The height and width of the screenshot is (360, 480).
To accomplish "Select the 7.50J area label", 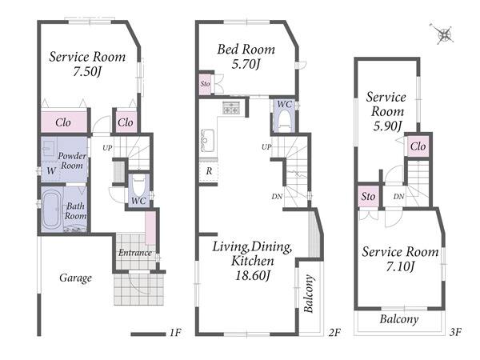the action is pos(87,72).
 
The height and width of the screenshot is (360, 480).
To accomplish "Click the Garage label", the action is pos(75,278).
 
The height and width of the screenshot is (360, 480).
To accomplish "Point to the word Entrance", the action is pos(135,253).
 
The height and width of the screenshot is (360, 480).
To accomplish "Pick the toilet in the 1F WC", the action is pos(138,186).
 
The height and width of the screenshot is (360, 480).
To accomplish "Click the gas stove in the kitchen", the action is pos(231,108).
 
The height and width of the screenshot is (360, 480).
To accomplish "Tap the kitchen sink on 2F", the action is pos(207,141).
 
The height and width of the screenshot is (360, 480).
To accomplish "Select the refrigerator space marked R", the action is pos(209,171).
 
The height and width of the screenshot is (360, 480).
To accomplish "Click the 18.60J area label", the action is pos(252,276).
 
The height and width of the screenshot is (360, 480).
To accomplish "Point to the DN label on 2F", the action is pos(277,197).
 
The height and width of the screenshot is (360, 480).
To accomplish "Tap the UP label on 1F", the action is pos(107,148).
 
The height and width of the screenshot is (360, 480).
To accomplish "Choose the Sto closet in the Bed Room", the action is pos(205,84).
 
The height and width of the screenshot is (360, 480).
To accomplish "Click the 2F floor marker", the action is pos(335,332).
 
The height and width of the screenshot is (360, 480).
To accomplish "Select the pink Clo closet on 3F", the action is pos(418,146).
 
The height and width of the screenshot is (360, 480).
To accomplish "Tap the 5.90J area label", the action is pos(387,126).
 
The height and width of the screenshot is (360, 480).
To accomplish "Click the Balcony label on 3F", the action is pos(399,319).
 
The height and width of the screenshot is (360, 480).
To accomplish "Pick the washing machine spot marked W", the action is pos(51,170).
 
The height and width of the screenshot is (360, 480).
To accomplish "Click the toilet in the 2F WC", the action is pos(284,121).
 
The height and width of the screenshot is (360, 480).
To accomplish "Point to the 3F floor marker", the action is pos(456,331).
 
